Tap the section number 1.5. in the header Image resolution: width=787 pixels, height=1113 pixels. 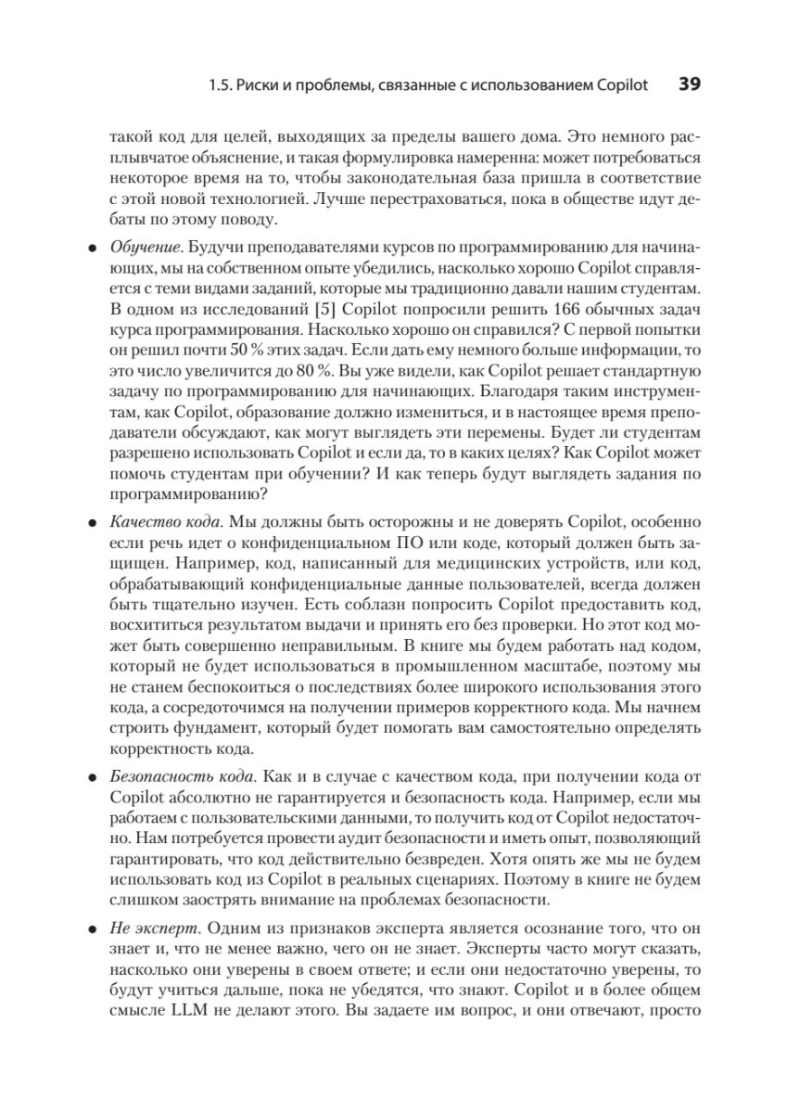pyautogui.click(x=222, y=86)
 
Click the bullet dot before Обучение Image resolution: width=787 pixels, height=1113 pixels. pyautogui.click(x=92, y=250)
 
